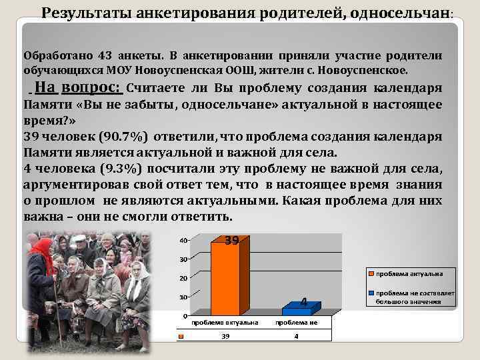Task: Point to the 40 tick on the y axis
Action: (x=183, y=240)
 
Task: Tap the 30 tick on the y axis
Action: (x=183, y=259)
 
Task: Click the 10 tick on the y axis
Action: (x=183, y=297)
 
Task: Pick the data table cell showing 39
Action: (x=226, y=337)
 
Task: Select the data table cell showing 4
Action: (x=296, y=337)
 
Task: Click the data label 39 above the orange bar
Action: (x=231, y=241)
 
